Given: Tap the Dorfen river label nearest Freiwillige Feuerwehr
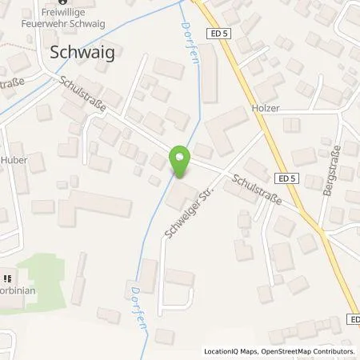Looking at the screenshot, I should point(179,29).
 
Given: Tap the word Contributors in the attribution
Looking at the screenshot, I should point(335,351).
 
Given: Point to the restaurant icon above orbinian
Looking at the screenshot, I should point(6,278).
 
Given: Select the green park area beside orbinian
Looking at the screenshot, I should point(48,280).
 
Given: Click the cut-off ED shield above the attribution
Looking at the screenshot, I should point(354,318).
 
